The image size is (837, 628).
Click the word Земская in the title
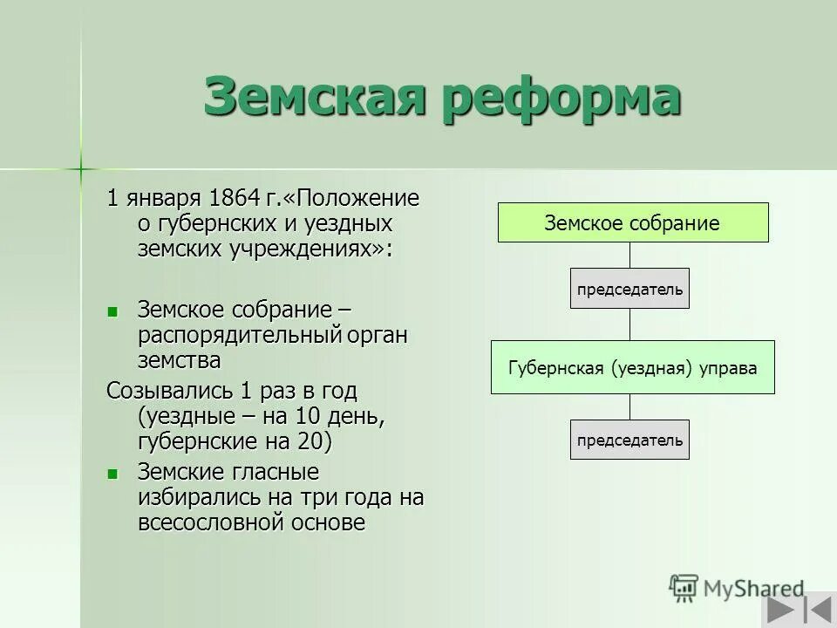click(315, 97)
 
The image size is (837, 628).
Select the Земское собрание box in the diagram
click(632, 222)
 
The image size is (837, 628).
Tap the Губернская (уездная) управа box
click(632, 367)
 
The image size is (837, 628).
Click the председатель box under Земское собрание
click(629, 289)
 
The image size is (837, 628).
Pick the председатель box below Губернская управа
click(629, 440)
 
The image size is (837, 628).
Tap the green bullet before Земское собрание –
click(112, 311)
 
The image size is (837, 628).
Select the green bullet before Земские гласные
click(112, 474)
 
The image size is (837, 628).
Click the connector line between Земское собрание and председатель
click(629, 255)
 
